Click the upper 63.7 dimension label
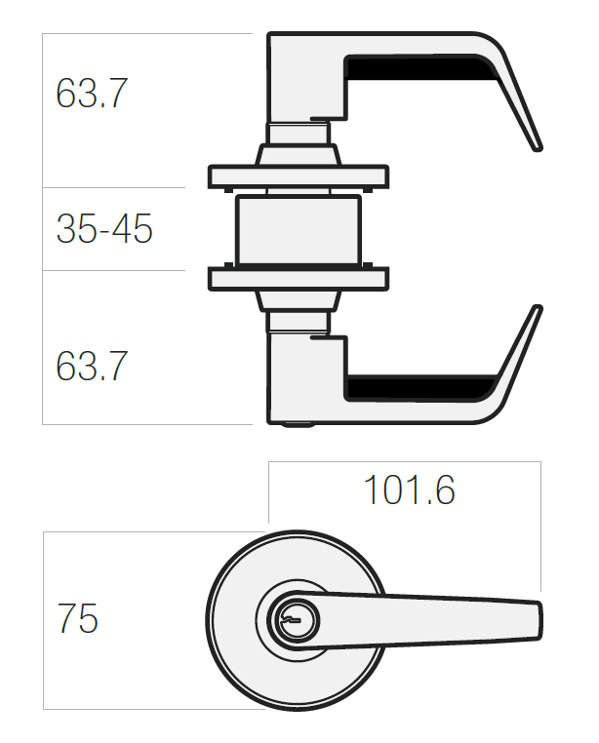92,93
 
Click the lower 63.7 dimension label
92,366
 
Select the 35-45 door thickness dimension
104,229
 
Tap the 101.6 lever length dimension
409,489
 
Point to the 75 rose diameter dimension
77,618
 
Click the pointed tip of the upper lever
538,148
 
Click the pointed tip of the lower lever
538,308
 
